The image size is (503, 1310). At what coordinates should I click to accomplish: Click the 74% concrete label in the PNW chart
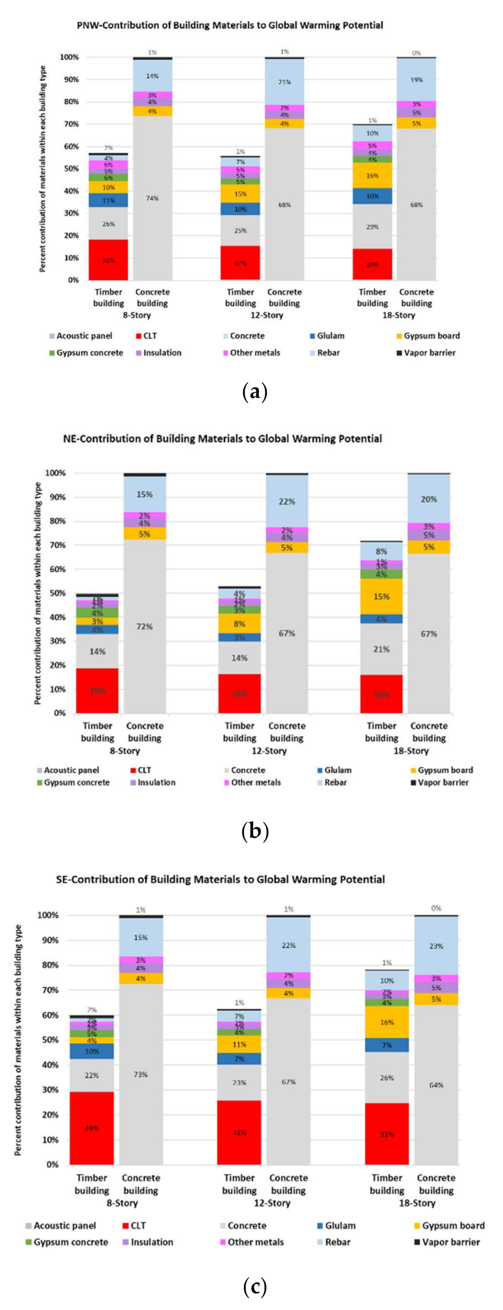[152, 198]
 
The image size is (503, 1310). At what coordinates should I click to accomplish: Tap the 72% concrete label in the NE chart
[144, 626]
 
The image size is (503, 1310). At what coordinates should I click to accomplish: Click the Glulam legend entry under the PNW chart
[330, 336]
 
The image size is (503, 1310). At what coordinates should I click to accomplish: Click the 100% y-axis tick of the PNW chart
[69, 57]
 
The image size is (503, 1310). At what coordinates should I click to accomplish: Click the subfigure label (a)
[255, 392]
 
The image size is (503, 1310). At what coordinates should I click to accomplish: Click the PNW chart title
[230, 25]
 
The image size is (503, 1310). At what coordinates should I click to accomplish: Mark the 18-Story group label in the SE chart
[417, 1203]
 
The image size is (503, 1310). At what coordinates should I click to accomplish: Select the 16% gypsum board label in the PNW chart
[372, 176]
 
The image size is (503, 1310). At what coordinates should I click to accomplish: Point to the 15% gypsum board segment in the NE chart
[381, 597]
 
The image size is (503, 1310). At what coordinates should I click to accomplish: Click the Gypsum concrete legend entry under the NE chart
[76, 783]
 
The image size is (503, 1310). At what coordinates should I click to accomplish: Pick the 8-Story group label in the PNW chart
[137, 315]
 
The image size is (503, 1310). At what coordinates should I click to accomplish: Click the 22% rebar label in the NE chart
[286, 501]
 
